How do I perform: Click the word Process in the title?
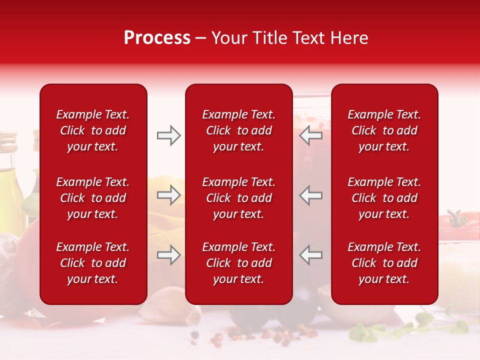pyautogui.click(x=157, y=38)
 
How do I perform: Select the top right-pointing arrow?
pyautogui.click(x=168, y=135)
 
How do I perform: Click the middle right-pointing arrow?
pyautogui.click(x=168, y=195)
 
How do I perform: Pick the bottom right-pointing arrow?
pyautogui.click(x=168, y=255)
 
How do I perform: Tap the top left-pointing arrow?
pyautogui.click(x=310, y=135)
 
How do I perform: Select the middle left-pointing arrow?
pyautogui.click(x=310, y=195)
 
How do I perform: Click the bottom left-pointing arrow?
pyautogui.click(x=310, y=255)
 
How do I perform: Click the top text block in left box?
pyautogui.click(x=92, y=130)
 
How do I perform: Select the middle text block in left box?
pyautogui.click(x=92, y=198)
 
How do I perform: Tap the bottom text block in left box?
pyautogui.click(x=92, y=263)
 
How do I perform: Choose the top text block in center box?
pyautogui.click(x=238, y=130)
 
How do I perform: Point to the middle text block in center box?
pyautogui.click(x=238, y=198)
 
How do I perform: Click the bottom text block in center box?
pyautogui.click(x=238, y=263)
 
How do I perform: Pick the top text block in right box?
pyautogui.click(x=384, y=130)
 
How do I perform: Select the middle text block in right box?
pyautogui.click(x=384, y=198)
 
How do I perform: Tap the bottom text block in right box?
pyautogui.click(x=384, y=263)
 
